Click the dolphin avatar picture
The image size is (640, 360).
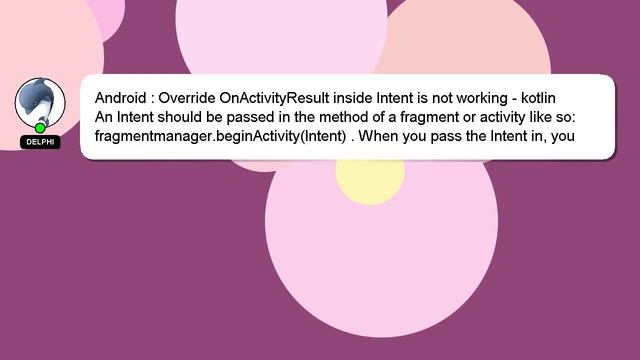[40, 101]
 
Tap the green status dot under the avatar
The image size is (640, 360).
[40, 128]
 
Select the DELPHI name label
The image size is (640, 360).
[40, 142]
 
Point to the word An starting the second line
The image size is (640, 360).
[104, 117]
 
